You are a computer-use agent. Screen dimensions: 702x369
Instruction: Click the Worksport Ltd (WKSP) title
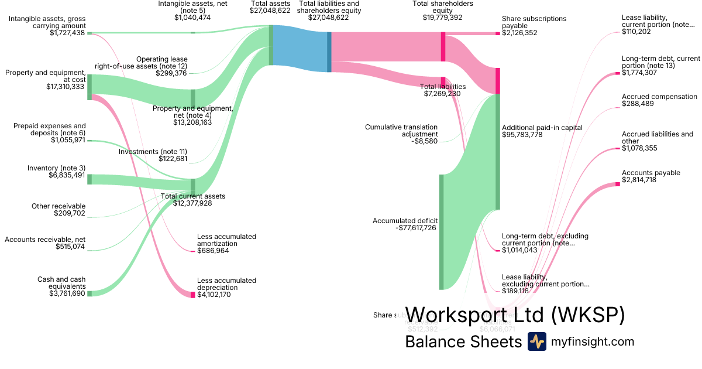[x=515, y=315]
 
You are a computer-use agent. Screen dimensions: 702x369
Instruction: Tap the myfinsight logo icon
[x=536, y=341]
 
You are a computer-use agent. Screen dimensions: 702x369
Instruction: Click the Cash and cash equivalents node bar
[x=90, y=293]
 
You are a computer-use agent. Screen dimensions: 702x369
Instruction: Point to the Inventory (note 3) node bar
[x=90, y=179]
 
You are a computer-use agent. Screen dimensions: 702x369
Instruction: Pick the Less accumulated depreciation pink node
[x=192, y=294]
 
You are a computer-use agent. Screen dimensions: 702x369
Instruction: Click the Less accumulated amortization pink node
[x=192, y=251]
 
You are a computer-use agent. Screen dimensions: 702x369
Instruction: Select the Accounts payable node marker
[x=617, y=184]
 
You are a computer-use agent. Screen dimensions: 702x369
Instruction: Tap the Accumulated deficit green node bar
[x=441, y=231]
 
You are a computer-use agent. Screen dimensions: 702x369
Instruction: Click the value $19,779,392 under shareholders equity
[x=442, y=18]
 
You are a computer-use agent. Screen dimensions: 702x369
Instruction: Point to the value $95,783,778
[x=522, y=135]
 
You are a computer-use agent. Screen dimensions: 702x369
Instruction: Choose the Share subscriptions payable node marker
[x=498, y=33]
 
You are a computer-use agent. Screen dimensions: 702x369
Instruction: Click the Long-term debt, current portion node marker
[x=617, y=73]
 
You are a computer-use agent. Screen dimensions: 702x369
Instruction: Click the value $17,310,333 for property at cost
[x=65, y=87]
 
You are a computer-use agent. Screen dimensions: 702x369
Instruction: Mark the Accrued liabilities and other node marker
[x=617, y=149]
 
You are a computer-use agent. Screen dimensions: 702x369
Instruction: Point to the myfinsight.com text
[x=592, y=342]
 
